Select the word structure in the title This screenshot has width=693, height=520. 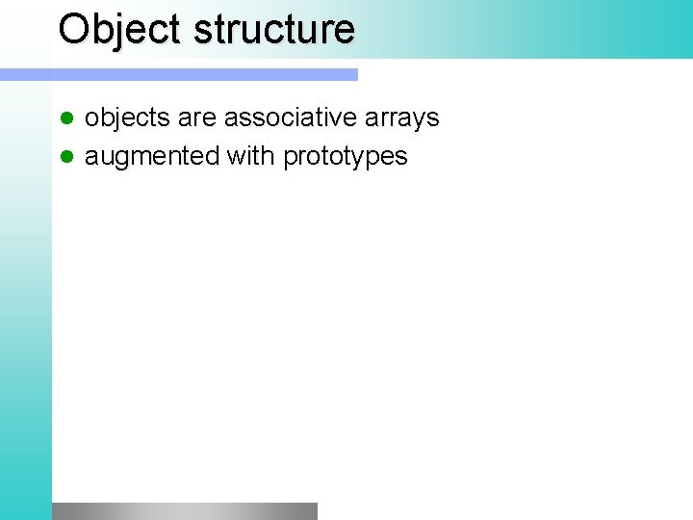(x=274, y=29)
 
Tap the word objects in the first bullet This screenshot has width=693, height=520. (x=127, y=118)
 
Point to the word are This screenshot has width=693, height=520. (x=196, y=118)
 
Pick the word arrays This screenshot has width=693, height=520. (x=405, y=118)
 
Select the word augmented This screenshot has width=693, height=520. (x=152, y=157)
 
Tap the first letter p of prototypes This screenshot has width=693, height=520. (x=290, y=160)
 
